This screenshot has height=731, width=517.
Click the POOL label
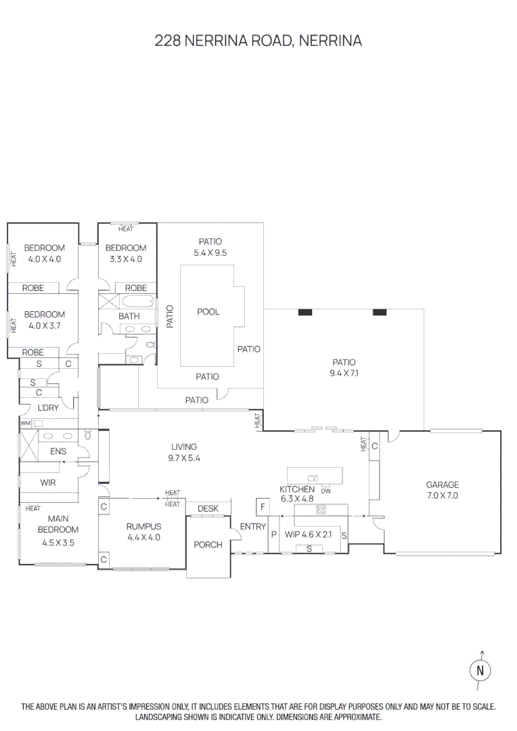[208, 312]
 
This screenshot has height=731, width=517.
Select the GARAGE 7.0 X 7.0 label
[442, 490]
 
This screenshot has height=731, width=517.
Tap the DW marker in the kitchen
[325, 490]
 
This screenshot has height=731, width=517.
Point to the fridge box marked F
[261, 507]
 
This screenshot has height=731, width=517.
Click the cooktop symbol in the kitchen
[321, 509]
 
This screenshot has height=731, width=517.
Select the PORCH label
[208, 544]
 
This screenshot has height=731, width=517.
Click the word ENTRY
[252, 527]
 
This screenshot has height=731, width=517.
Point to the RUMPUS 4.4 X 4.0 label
[143, 532]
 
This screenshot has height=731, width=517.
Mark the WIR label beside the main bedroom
[48, 483]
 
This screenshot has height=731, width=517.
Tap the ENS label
[58, 451]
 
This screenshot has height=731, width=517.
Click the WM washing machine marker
[26, 423]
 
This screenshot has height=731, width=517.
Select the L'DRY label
[48, 407]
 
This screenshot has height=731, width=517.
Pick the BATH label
[129, 316]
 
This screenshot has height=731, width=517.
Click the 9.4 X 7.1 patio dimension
[343, 373]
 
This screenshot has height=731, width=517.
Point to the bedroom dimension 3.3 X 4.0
[126, 259]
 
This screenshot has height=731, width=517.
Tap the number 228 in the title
[168, 41]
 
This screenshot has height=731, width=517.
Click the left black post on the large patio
[305, 312]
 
